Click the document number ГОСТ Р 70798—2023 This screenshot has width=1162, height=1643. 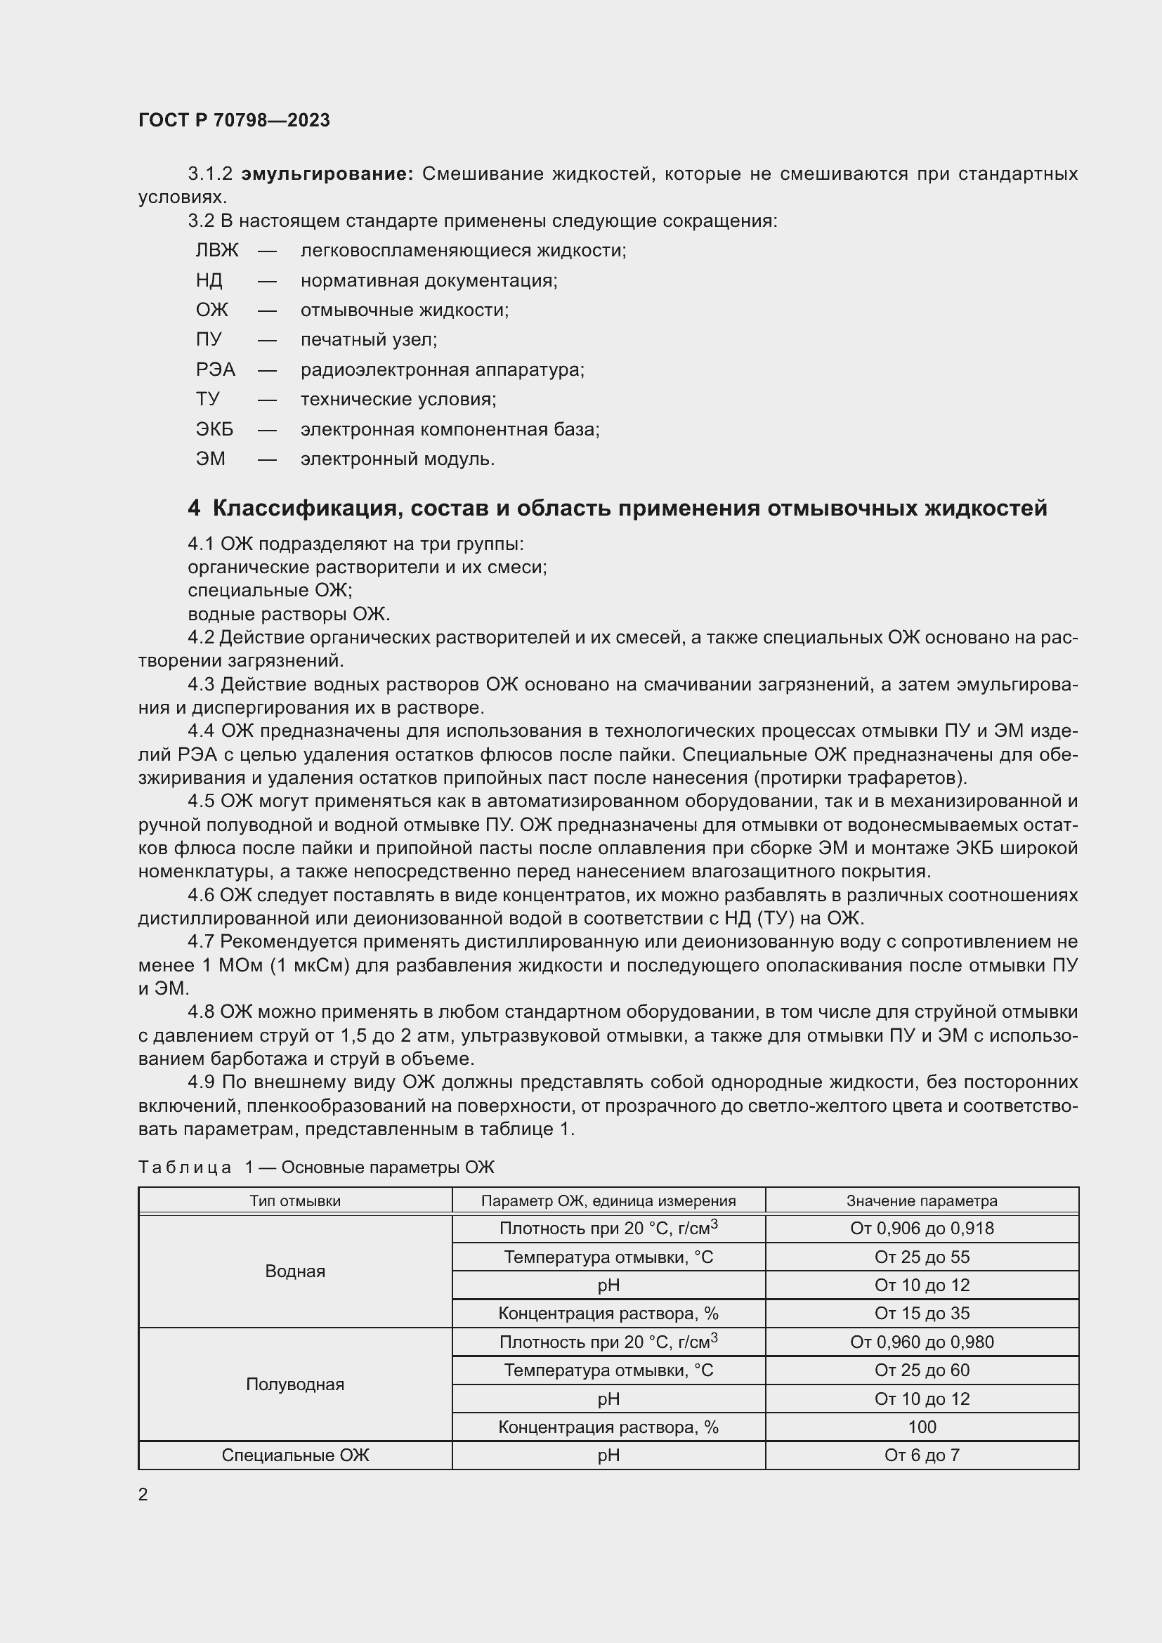234,120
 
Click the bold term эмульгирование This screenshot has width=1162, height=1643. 327,174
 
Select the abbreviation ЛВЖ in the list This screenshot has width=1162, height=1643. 217,251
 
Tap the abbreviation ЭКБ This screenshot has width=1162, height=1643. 214,429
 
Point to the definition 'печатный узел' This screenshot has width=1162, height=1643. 369,340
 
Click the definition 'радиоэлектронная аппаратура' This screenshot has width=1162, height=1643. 442,370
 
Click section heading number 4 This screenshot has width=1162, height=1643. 194,509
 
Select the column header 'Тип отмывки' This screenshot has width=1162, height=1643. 295,1200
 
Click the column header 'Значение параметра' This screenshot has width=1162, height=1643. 922,1200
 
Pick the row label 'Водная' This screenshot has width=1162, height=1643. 295,1271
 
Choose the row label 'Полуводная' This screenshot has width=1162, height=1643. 295,1384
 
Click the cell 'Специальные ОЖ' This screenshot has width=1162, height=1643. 295,1455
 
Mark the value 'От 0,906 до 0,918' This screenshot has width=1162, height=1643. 922,1229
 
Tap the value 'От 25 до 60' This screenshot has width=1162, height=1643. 922,1370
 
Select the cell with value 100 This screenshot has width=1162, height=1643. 922,1427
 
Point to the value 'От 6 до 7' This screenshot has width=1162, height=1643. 922,1455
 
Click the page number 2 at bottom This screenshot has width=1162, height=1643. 143,1495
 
